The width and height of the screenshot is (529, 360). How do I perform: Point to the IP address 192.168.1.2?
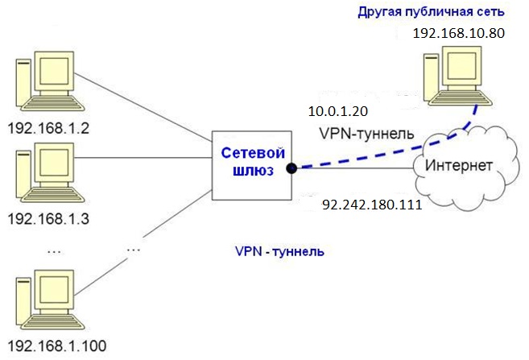[x=47, y=128]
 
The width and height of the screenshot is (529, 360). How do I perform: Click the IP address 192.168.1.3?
[x=47, y=218]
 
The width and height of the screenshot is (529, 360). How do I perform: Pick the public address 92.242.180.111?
[x=371, y=205]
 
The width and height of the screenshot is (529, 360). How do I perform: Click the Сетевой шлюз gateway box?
[x=250, y=166]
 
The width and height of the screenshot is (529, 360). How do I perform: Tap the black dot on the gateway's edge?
[x=291, y=168]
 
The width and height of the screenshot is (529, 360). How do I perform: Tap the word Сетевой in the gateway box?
[x=250, y=153]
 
